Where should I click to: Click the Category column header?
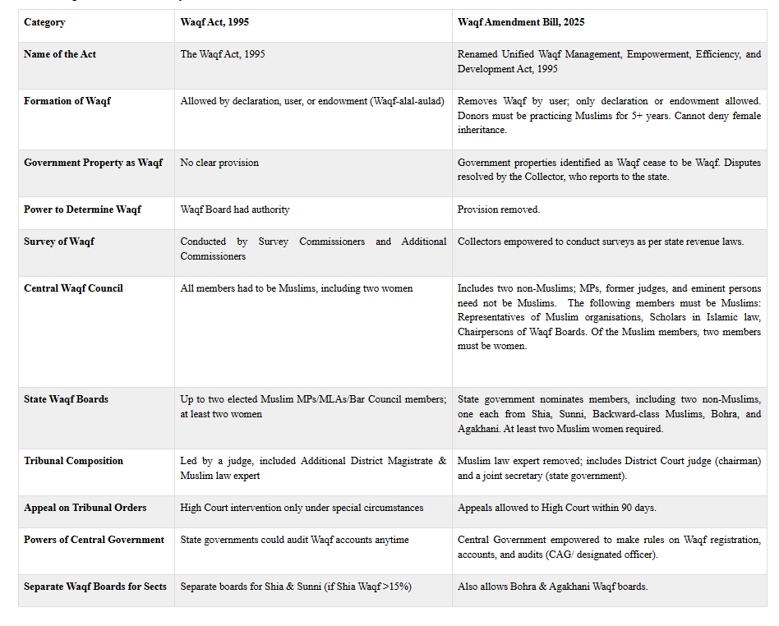44,22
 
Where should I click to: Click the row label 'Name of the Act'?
60,54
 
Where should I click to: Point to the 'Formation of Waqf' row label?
67,101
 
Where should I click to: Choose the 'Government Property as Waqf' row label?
94,163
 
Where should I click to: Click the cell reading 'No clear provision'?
219,163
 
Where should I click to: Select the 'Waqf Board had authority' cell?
235,209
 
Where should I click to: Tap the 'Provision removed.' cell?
499,209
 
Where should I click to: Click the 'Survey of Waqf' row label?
59,242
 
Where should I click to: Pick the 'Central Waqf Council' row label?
73,288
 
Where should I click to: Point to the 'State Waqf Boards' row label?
66,399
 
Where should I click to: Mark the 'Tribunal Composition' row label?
73,461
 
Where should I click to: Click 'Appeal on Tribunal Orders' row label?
85,508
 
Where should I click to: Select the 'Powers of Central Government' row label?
94,540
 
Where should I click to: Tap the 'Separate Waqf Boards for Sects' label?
95,587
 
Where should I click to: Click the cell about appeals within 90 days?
557,508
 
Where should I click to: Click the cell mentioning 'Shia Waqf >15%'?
296,587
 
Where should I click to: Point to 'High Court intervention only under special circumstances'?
302,508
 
